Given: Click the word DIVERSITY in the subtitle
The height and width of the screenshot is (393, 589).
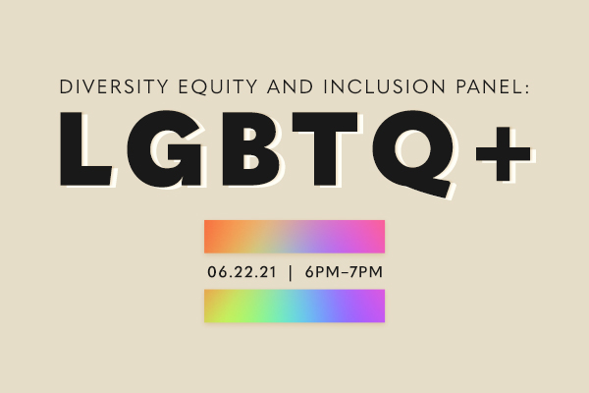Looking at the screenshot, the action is [x=114, y=86].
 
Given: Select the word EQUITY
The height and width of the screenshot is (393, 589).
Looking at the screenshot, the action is [x=218, y=86].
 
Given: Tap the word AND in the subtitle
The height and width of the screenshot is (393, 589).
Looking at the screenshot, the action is [x=291, y=86].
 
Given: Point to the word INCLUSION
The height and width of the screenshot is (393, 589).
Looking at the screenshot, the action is [x=385, y=86].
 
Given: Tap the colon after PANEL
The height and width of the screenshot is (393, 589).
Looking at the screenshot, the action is [x=526, y=88].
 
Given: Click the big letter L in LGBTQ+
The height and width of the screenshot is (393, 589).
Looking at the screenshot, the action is [x=86, y=148].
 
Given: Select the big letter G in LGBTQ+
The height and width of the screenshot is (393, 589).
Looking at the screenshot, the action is [x=164, y=148].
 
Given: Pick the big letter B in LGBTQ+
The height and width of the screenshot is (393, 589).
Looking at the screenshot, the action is [x=251, y=148].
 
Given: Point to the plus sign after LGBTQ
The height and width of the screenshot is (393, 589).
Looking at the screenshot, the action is [x=503, y=153].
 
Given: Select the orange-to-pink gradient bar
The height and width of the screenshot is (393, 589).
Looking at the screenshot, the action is [x=294, y=237].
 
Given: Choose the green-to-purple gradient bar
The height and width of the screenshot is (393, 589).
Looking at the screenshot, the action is [x=294, y=306].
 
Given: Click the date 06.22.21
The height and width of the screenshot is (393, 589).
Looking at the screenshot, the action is [x=241, y=272].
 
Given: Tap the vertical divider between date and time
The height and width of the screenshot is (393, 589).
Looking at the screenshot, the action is [x=290, y=272].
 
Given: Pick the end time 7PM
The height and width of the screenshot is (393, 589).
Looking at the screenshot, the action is [x=366, y=272].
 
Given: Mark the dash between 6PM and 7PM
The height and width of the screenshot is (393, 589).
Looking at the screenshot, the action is [x=343, y=273].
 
